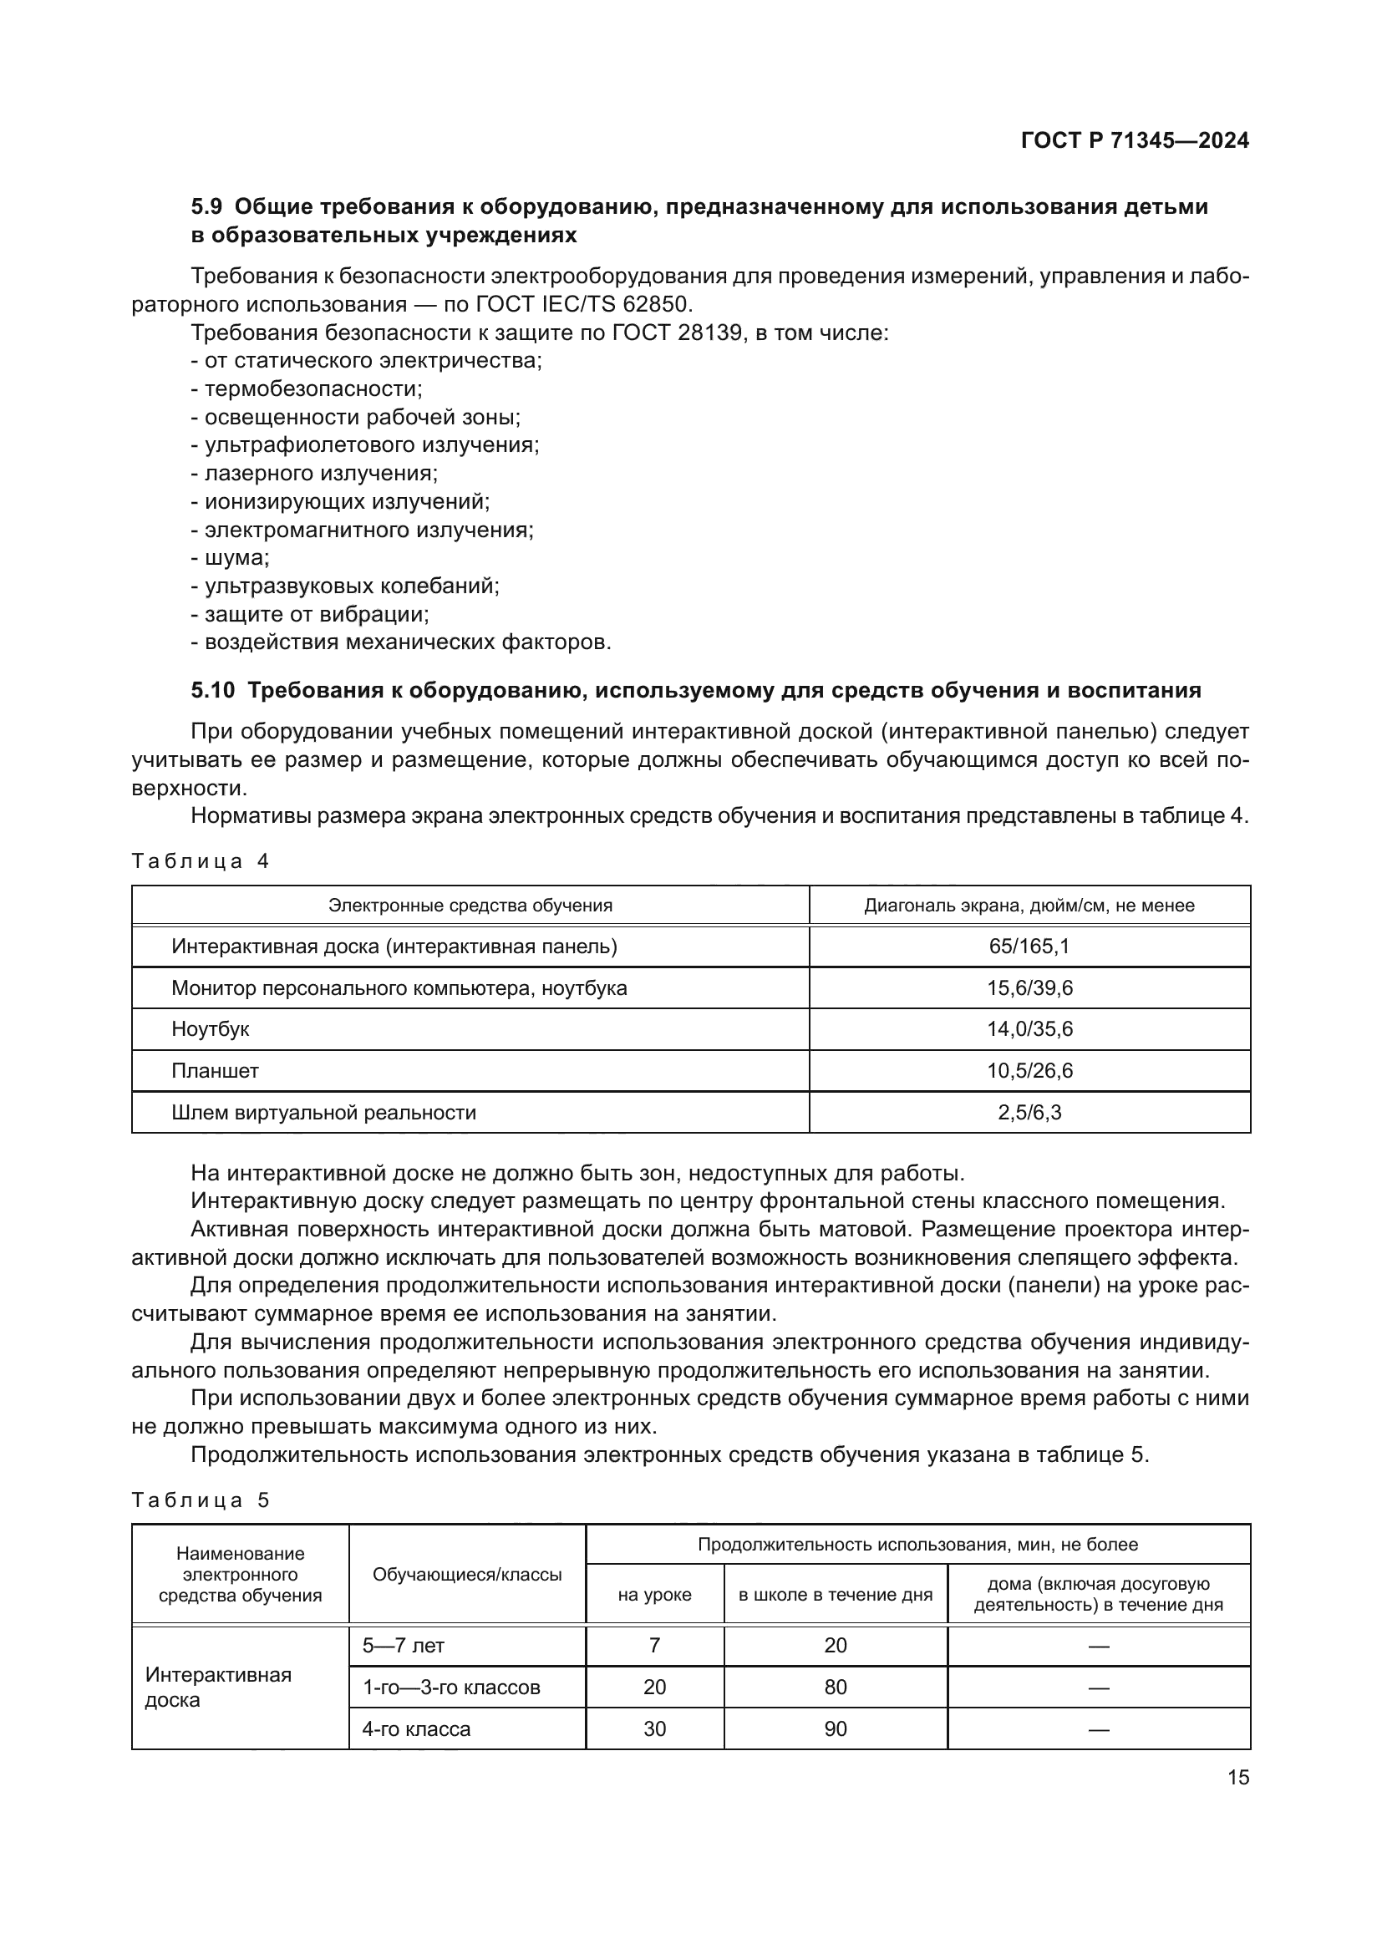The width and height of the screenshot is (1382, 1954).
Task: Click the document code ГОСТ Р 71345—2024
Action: click(x=1135, y=140)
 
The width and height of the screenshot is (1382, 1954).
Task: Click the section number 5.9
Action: click(x=206, y=207)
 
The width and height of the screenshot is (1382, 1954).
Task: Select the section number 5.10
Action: click(x=213, y=690)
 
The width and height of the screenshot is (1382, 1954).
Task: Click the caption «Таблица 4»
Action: click(x=200, y=861)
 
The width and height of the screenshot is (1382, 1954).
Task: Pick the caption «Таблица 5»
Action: click(x=200, y=1500)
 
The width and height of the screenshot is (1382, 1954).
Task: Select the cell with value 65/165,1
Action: click(x=1029, y=947)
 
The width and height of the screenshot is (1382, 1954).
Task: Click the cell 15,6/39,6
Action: click(x=1029, y=988)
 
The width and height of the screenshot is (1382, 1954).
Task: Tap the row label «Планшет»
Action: click(x=215, y=1071)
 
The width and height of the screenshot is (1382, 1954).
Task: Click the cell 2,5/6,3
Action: click(x=1029, y=1112)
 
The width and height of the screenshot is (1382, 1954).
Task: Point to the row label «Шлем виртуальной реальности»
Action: click(x=323, y=1112)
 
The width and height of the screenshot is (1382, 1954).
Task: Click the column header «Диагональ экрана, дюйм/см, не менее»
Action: click(x=1029, y=906)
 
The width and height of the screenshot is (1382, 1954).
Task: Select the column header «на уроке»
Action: click(x=653, y=1595)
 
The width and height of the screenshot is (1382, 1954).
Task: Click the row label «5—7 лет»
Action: click(x=404, y=1646)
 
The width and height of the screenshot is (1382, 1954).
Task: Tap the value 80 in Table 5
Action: click(x=835, y=1688)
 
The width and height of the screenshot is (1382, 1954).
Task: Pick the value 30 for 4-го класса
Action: click(x=653, y=1729)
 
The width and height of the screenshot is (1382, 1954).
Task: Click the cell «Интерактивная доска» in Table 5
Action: click(x=219, y=1688)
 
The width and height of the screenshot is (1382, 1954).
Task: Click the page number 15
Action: click(x=1238, y=1778)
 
